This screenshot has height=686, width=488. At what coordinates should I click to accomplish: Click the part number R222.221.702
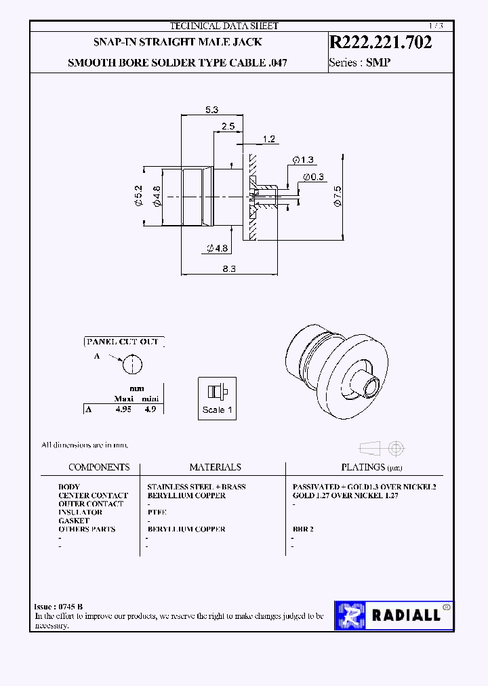click(x=380, y=42)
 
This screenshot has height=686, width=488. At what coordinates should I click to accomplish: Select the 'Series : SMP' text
click(x=360, y=62)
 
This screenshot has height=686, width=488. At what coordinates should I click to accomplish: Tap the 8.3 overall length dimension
click(x=228, y=269)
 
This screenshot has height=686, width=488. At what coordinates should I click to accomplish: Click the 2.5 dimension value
click(x=228, y=126)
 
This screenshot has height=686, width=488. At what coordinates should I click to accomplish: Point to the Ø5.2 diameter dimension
click(x=139, y=195)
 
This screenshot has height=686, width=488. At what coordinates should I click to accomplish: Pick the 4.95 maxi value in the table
click(x=123, y=409)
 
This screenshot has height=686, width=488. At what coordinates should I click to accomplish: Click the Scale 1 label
click(x=217, y=409)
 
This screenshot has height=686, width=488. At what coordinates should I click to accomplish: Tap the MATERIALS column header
click(x=215, y=467)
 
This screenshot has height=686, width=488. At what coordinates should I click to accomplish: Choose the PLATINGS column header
click(x=363, y=467)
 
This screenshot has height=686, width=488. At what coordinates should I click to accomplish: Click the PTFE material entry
click(x=157, y=512)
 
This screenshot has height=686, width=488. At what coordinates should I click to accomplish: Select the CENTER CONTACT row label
click(x=93, y=496)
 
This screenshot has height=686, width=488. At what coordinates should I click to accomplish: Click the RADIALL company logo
click(x=393, y=615)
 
